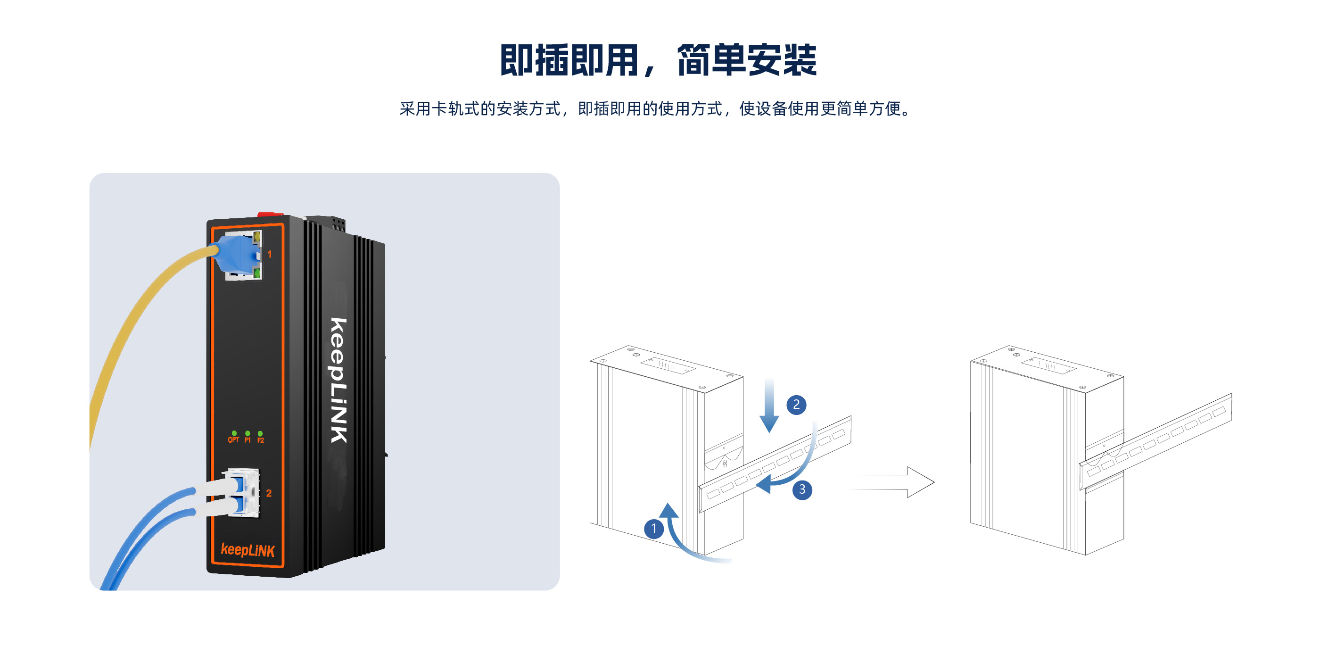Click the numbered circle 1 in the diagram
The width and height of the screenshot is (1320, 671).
pos(653,528)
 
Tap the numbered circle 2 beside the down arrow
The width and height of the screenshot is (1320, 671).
pos(796,405)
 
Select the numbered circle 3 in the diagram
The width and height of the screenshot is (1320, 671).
pos(802,489)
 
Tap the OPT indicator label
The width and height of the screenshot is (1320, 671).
pos(233,440)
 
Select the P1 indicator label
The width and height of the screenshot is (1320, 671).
pos(247,440)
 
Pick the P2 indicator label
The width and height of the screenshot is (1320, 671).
pos(260,440)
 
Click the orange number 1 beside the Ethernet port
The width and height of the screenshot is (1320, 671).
pos(270,254)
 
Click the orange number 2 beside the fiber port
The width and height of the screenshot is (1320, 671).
pos(269,493)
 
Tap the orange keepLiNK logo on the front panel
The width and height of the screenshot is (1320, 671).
pos(247,550)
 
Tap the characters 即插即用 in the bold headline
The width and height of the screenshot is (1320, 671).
pos(569,60)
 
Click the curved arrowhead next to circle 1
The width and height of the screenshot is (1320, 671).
pos(668,511)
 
